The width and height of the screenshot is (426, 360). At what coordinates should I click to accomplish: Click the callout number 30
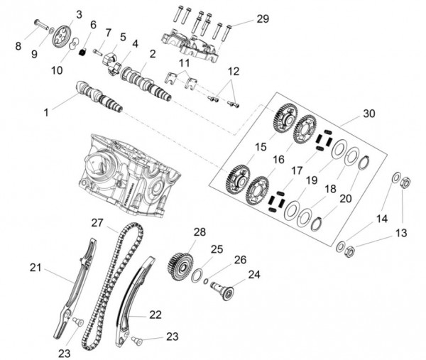[x=368, y=114]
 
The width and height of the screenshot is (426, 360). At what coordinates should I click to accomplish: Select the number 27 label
[x=98, y=223]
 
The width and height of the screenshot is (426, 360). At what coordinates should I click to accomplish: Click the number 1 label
[x=47, y=111]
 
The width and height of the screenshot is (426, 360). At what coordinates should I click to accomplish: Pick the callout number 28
[x=200, y=232]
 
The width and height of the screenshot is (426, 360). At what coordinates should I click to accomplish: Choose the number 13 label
[x=402, y=232]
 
